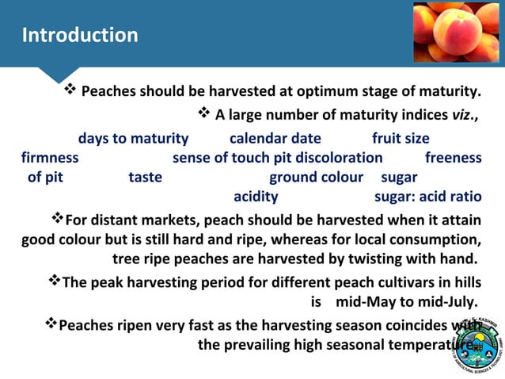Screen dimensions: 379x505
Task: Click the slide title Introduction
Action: coord(80,36)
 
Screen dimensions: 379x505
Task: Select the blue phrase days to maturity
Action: coord(133,139)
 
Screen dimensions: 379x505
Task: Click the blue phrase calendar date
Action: coord(275,139)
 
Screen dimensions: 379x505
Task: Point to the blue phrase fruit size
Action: coord(401,139)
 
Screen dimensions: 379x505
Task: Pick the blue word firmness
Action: coord(50,158)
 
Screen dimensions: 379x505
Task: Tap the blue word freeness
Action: coord(453,158)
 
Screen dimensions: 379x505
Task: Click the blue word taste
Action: coord(145,177)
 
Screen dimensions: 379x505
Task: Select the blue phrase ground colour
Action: coord(316,177)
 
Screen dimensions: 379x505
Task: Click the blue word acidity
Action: coord(256,196)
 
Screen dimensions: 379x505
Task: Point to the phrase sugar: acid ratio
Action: coord(427,196)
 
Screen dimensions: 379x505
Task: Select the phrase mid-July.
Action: coord(449,302)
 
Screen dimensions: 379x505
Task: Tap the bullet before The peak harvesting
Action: coord(54,281)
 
